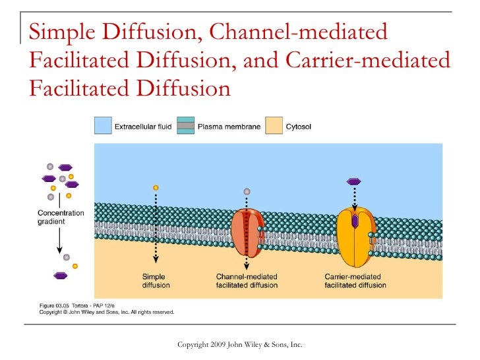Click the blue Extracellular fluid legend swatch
(102, 125)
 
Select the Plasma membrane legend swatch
(186, 125)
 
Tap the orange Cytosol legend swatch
(273, 125)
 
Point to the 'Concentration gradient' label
(61, 217)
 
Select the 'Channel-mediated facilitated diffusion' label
(247, 281)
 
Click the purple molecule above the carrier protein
(354, 181)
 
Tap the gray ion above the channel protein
(247, 192)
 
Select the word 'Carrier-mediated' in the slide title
(369, 59)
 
